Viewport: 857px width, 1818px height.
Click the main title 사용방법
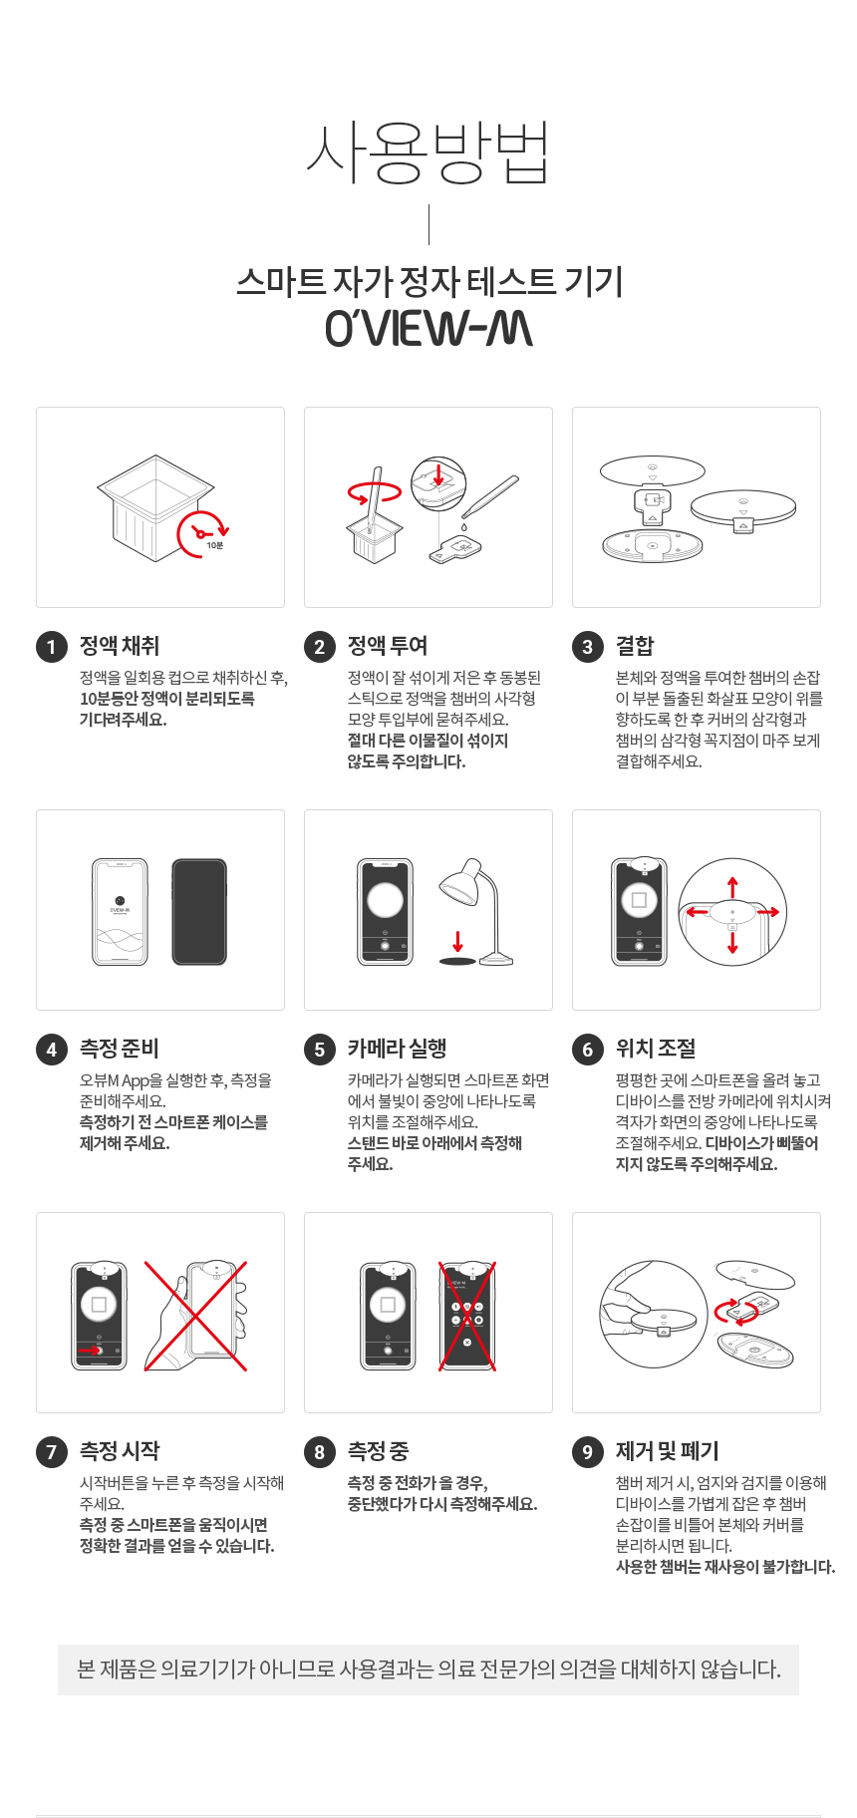(x=428, y=153)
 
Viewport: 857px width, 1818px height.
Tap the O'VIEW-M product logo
(x=428, y=329)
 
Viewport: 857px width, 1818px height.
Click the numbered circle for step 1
(x=52, y=647)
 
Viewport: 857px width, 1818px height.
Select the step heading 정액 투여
(x=388, y=646)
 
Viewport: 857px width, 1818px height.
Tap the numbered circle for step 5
(x=320, y=1050)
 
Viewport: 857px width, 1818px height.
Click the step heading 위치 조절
(x=656, y=1049)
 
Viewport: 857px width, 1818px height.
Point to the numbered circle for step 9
(x=588, y=1452)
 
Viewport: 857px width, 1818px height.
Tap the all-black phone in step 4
(x=199, y=912)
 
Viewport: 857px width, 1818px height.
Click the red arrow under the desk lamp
(x=457, y=941)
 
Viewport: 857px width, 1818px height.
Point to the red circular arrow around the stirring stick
(x=375, y=491)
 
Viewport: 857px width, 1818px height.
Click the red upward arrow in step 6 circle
(x=732, y=886)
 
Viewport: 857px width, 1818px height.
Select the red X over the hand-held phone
(x=195, y=1316)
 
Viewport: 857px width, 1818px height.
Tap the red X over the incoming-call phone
(x=467, y=1316)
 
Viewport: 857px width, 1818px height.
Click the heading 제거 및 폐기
(x=667, y=1451)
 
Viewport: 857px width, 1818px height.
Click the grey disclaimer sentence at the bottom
(x=428, y=1669)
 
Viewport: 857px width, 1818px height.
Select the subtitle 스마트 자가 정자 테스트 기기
(x=428, y=282)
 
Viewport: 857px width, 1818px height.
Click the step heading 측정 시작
(x=120, y=1451)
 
